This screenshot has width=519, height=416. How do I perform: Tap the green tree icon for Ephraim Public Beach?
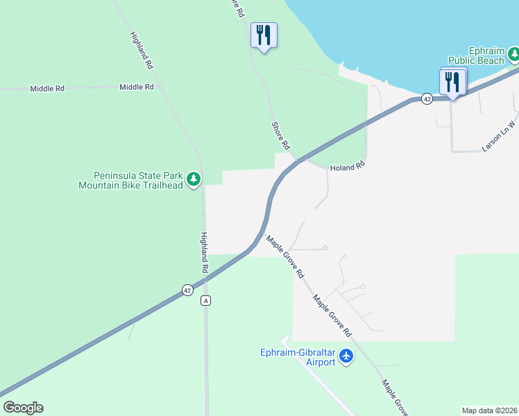pyautogui.click(x=513, y=53)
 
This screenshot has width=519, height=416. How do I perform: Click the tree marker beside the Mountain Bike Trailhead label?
pyautogui.click(x=194, y=180)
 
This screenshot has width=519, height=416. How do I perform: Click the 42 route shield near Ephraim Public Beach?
pyautogui.click(x=427, y=99)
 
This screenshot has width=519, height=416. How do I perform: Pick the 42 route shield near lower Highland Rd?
pyautogui.click(x=187, y=291)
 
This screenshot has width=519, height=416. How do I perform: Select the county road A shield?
pyautogui.click(x=205, y=300)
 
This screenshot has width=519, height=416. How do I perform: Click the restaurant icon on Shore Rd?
pyautogui.click(x=264, y=35)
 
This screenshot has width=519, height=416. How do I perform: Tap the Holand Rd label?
pyautogui.click(x=347, y=168)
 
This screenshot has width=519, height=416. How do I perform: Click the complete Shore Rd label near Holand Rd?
pyautogui.click(x=280, y=135)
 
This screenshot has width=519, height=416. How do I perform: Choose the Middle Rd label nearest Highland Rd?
pyautogui.click(x=136, y=87)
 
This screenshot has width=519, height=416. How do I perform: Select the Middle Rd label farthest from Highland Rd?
pyautogui.click(x=47, y=89)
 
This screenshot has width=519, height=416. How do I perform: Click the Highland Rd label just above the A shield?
pyautogui.click(x=205, y=251)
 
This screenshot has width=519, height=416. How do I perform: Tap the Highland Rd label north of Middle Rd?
pyautogui.click(x=141, y=50)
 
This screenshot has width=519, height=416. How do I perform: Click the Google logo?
pyautogui.click(x=22, y=408)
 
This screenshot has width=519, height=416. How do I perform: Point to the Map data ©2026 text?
pyautogui.click(x=488, y=410)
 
